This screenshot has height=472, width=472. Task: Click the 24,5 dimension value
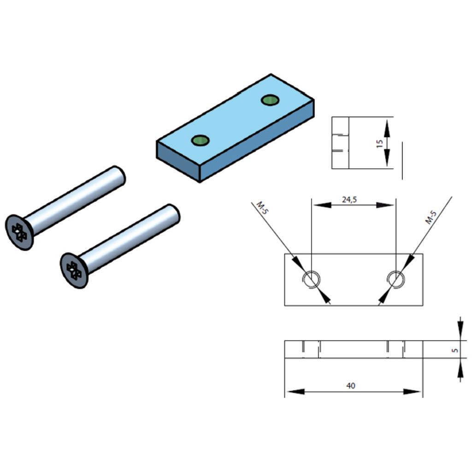coord(349,200)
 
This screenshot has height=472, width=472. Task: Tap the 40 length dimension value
coord(351,386)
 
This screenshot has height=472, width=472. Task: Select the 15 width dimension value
coord(380,144)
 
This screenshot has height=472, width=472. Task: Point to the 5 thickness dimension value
coord(455,350)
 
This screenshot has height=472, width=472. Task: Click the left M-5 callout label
coord(262,208)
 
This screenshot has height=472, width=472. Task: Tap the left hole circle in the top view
coord(312,280)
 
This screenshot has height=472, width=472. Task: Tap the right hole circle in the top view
coord(396,280)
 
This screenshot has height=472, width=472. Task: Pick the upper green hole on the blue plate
coord(270,100)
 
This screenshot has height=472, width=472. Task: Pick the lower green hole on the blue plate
coord(200,140)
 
